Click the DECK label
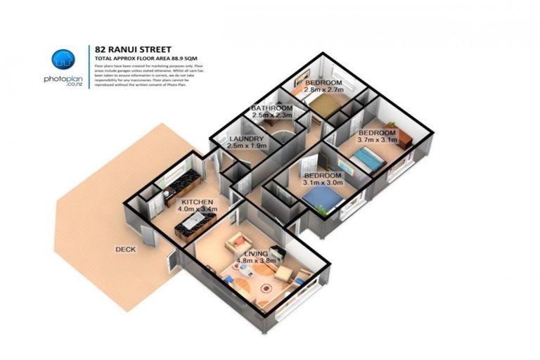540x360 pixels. point(127,249)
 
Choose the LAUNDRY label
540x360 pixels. point(247,139)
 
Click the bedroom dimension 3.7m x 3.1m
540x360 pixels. point(378,139)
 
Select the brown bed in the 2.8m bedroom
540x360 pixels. point(325,106)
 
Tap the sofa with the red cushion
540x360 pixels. point(236,243)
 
